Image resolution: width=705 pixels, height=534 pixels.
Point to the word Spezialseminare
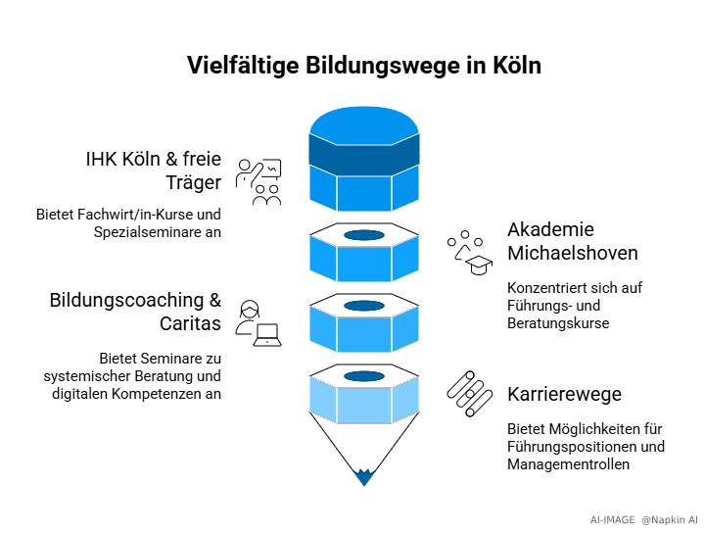click(147, 232)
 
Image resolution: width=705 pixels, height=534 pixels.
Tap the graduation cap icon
click(478, 266)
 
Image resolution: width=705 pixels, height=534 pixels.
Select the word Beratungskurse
click(558, 322)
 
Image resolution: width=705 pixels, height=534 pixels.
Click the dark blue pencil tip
click(364, 477)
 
